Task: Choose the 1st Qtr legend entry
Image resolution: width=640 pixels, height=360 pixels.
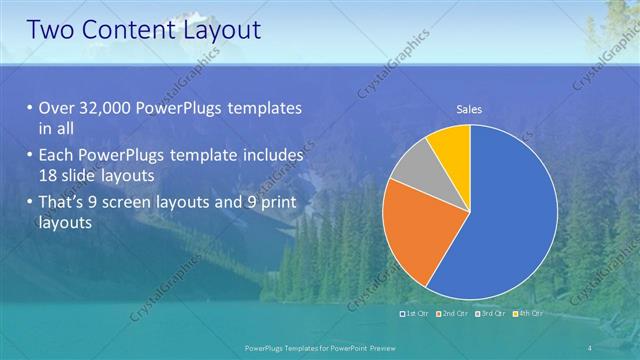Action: tap(414, 314)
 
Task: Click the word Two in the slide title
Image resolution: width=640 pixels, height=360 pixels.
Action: tap(51, 30)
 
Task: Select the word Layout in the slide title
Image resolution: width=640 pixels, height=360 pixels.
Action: tap(217, 30)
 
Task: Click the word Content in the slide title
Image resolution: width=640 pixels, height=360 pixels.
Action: tap(125, 30)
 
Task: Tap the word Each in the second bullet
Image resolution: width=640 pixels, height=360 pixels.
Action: tap(57, 157)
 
